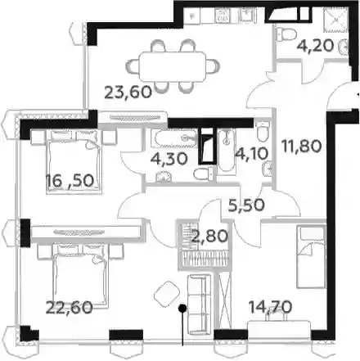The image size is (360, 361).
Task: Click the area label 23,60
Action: [128, 93]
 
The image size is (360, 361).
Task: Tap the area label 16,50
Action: [70, 180]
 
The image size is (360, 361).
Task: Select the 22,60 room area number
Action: [70, 307]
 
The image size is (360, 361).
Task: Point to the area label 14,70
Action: [270, 307]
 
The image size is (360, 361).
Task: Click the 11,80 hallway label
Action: [302, 146]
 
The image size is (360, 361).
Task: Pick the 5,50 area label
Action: [246, 205]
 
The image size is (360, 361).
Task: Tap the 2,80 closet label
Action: [209, 236]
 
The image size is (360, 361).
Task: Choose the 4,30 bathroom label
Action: [169, 159]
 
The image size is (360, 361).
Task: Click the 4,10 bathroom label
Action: [252, 154]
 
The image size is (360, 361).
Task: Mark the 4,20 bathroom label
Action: [315, 45]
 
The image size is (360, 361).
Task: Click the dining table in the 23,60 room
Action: [173, 66]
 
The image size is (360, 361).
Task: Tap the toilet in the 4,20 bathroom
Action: [286, 35]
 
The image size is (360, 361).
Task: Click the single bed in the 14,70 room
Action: [312, 256]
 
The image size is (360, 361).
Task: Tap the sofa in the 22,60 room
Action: [200, 305]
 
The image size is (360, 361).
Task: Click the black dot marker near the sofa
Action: [182, 309]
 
